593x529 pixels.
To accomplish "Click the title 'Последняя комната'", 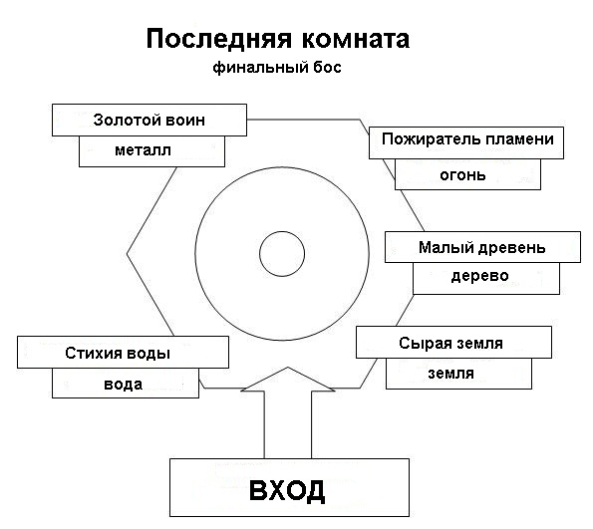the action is click(x=278, y=39).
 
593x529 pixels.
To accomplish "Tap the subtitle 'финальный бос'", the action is click(x=277, y=68).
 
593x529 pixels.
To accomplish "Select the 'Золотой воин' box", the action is click(x=149, y=120).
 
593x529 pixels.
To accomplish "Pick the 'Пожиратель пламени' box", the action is click(x=466, y=142).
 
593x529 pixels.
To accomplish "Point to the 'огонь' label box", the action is click(x=467, y=174).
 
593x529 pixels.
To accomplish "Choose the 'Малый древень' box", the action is click(x=482, y=247).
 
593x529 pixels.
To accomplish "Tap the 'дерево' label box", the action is click(x=486, y=278).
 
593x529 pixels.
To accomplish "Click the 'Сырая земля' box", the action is click(x=453, y=342).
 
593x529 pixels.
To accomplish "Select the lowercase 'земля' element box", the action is click(x=458, y=374).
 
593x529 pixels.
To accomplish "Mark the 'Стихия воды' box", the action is click(x=123, y=352).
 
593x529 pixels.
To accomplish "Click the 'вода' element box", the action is click(x=126, y=384).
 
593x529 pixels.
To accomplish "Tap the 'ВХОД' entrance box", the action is click(x=289, y=488).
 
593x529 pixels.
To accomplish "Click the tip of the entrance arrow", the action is click(x=288, y=367).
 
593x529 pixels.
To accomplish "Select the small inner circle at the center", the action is click(x=282, y=231).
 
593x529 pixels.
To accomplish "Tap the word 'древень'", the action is click(x=511, y=248).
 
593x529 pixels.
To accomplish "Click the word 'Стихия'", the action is click(x=93, y=353).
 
